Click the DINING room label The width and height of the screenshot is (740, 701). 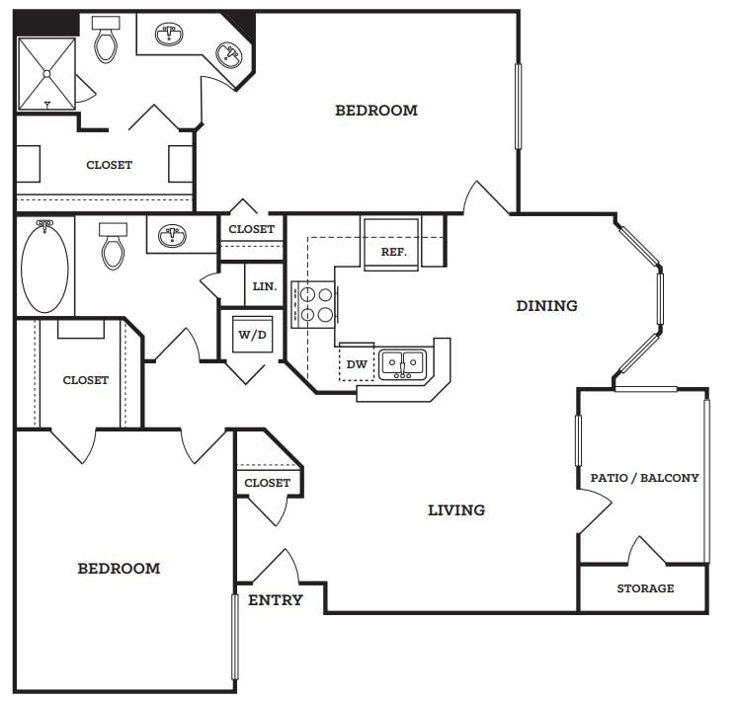[x=546, y=306]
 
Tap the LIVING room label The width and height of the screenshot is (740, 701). [x=456, y=509]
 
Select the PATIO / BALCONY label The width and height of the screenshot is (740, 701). [x=645, y=478]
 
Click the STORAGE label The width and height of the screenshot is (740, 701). [x=645, y=588]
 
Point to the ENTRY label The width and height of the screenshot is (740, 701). [x=276, y=600]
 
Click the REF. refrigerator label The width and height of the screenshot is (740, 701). [x=393, y=252]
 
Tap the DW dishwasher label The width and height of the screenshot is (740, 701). [x=357, y=364]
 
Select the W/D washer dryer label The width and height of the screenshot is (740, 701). [x=253, y=335]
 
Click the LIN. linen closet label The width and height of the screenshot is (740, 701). [x=265, y=286]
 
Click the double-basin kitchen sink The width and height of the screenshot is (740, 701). [x=402, y=364]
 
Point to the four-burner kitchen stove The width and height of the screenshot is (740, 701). [x=314, y=304]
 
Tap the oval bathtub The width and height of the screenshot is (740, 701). [x=44, y=267]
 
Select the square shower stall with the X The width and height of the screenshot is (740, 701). [x=46, y=74]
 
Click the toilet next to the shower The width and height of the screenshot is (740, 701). [x=106, y=39]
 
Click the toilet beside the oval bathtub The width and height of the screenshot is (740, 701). [x=114, y=246]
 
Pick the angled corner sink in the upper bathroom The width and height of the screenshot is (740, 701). [x=229, y=55]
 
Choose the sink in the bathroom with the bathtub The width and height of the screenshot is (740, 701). [x=172, y=235]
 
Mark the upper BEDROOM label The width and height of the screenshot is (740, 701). [x=376, y=111]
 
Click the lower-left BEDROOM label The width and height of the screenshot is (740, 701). [x=119, y=569]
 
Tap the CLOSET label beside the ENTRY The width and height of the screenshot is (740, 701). [x=267, y=483]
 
